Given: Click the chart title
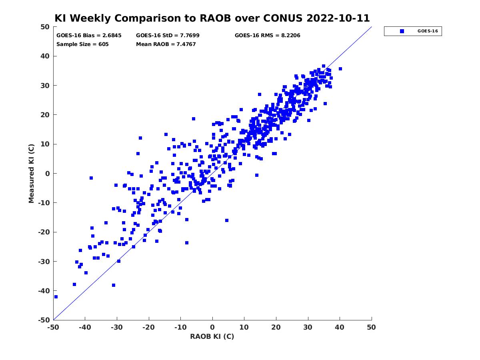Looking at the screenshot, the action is point(212,18).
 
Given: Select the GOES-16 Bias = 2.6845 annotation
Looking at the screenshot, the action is point(89,36).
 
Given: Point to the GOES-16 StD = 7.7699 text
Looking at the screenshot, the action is point(168,36).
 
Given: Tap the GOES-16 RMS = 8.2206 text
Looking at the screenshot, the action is point(267,36).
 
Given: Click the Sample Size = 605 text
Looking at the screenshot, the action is point(82,44).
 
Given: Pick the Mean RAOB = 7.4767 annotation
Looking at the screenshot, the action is point(166,44).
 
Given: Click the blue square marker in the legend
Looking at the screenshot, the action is point(402,31).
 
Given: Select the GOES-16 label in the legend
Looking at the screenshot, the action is point(428,31).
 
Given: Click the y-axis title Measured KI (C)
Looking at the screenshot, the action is point(31,173).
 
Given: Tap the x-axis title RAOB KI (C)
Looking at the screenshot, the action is point(212,336).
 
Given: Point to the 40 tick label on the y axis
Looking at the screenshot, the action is point(45,56).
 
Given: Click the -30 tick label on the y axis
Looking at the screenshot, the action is point(44,262).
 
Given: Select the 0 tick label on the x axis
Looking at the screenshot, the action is point(212,327).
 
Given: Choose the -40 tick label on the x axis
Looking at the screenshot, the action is point(85,327).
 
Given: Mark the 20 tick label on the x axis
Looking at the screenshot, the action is point(276,327).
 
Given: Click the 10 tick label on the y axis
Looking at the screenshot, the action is point(45,144).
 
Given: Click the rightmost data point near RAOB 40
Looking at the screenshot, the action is point(340,69).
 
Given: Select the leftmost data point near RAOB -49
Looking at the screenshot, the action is point(56,297).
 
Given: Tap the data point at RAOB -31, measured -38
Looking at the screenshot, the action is point(114,285).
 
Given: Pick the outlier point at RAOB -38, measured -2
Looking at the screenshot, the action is point(91,178).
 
